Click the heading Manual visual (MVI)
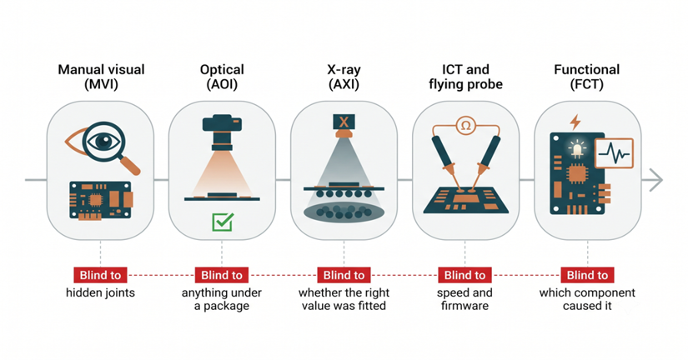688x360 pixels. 101,77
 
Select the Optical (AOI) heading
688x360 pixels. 222,77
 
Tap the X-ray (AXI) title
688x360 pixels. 344,77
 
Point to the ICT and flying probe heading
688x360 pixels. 465,77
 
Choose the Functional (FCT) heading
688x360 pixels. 586,77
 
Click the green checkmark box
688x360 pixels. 223,222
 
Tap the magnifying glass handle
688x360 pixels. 130,165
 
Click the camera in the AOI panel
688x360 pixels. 222,132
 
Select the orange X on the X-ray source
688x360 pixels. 344,122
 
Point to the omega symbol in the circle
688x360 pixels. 465,127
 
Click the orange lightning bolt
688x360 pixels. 575,122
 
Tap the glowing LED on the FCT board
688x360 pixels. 577,149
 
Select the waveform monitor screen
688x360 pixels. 614,153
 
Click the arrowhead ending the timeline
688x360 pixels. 655,180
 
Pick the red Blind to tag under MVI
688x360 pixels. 100,275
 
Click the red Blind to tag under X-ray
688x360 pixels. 344,275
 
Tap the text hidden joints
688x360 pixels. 100,292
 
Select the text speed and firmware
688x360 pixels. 465,299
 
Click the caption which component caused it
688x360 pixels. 587,299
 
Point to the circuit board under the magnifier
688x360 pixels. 101,200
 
